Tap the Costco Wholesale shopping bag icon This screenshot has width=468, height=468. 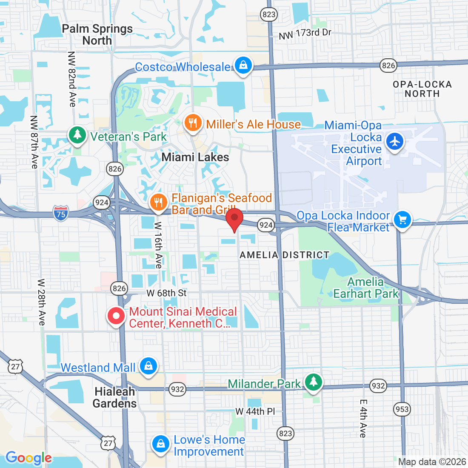pyautogui.click(x=243, y=66)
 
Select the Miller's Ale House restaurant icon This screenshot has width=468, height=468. pyautogui.click(x=193, y=123)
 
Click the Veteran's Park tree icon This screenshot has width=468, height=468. pyautogui.click(x=77, y=135)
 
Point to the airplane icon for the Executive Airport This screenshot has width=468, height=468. pyautogui.click(x=395, y=141)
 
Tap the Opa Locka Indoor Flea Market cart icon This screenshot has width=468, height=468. pyautogui.click(x=402, y=220)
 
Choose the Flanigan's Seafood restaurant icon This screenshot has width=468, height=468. pyautogui.click(x=159, y=202)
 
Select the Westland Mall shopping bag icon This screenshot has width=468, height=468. pyautogui.click(x=148, y=366)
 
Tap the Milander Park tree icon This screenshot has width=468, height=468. pyautogui.click(x=314, y=381)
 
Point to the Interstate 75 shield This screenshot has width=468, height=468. pyautogui.click(x=61, y=213)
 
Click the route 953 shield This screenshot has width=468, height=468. pyautogui.click(x=402, y=409)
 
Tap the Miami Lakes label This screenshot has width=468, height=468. pyautogui.click(x=195, y=157)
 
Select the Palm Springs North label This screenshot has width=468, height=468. pyautogui.click(x=97, y=35)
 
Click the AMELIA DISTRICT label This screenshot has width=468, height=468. pyautogui.click(x=284, y=255)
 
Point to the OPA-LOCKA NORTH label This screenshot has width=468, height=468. pyautogui.click(x=422, y=89)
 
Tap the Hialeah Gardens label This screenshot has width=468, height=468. pyautogui.click(x=115, y=397)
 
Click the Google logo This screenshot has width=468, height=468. pyautogui.click(x=29, y=458)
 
